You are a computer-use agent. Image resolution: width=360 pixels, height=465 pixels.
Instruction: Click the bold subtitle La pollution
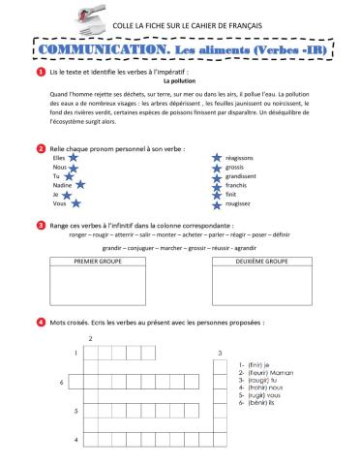coord(180,82)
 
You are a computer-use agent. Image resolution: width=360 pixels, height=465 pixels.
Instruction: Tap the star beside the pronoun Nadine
coord(80,184)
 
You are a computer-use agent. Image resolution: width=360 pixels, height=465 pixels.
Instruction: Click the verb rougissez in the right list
coord(238,203)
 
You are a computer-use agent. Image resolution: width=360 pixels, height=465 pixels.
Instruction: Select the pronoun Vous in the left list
coord(59,203)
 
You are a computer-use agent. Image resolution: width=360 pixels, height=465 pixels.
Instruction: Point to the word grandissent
coord(241,175)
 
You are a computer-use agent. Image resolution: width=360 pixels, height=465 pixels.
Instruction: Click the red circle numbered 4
coord(40,322)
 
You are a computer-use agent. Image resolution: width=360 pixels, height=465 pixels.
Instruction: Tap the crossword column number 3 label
coord(221,353)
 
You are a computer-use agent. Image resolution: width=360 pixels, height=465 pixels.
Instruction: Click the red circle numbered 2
coord(40,148)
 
